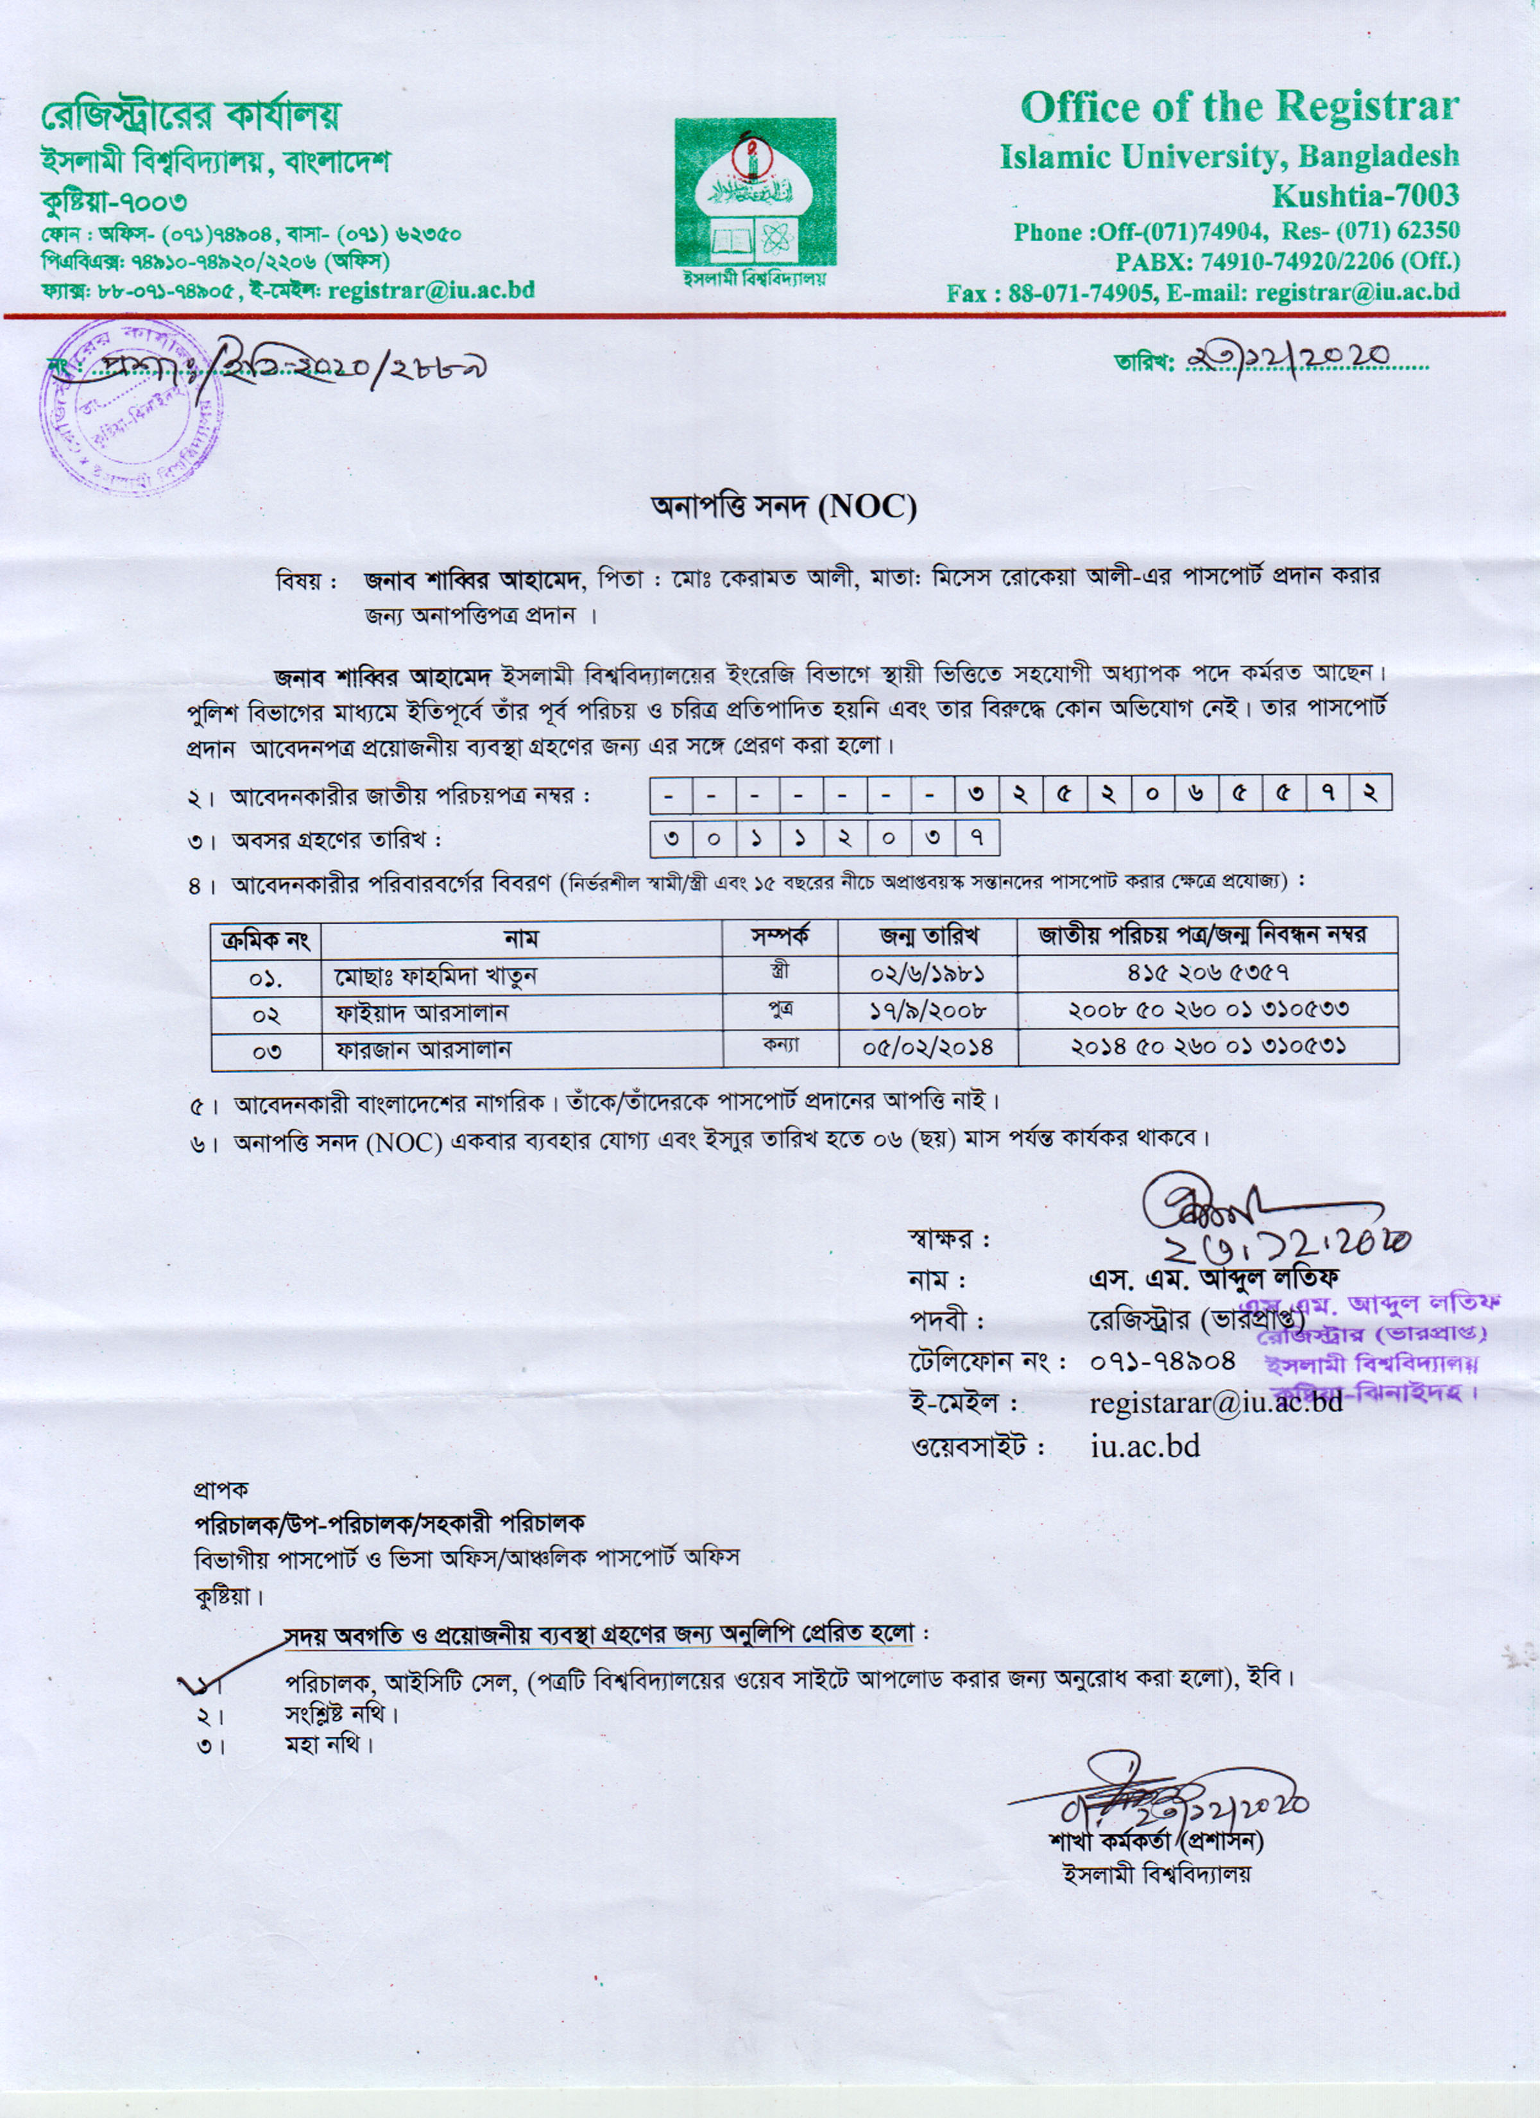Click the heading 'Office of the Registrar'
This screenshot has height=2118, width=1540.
point(1238,107)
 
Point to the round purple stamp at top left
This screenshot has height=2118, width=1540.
point(131,404)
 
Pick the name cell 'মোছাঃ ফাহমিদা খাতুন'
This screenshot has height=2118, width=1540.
point(435,977)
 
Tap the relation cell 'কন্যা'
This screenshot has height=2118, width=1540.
point(780,1044)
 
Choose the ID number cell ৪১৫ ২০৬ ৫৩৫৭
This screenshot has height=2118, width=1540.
point(1208,973)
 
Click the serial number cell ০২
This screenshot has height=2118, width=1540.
point(266,1014)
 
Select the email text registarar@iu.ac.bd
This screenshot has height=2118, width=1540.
point(1216,1402)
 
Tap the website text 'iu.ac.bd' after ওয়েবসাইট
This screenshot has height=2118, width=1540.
point(1145,1447)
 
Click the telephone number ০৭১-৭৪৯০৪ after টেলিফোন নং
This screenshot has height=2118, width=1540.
point(1163,1361)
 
